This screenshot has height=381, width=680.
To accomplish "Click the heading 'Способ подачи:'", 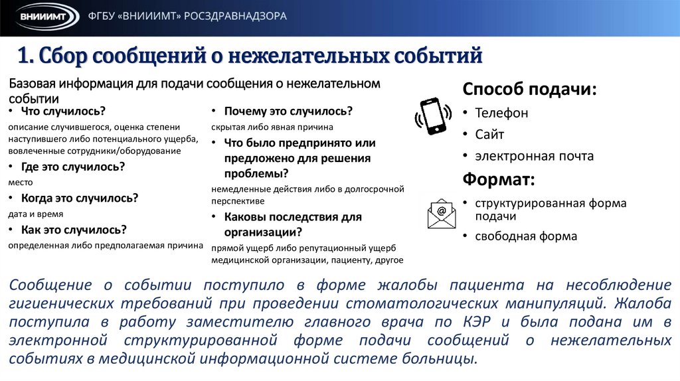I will (529, 90).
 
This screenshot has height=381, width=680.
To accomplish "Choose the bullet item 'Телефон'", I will (501, 113).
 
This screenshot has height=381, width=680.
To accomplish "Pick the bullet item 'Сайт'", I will (489, 135).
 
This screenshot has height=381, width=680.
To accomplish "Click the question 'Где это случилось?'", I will (73, 167).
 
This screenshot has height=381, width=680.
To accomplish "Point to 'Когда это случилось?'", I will (79, 198).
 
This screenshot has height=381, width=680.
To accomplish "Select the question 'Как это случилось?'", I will (74, 230).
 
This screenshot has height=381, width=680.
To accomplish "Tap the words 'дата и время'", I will (37, 214).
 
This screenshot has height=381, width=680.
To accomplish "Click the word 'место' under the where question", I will (21, 182).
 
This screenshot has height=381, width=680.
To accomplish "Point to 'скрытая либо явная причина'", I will (272, 126).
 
